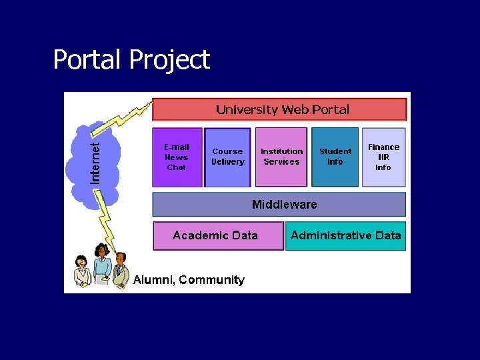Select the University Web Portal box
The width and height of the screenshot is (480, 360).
(279, 109)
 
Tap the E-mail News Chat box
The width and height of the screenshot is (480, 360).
(177, 157)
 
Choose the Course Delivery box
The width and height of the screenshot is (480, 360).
(228, 157)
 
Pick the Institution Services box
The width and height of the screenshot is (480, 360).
(281, 157)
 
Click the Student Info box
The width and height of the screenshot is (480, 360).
(335, 157)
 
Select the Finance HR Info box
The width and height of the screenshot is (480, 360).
(384, 157)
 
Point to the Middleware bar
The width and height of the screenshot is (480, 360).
(279, 205)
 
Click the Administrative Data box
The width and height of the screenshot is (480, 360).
(345, 236)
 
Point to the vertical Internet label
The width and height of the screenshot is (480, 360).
(96, 161)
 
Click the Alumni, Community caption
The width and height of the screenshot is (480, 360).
(189, 280)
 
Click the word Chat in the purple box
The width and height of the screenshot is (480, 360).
(177, 167)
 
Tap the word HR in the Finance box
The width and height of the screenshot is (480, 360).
(383, 157)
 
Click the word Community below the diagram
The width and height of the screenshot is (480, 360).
(211, 280)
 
